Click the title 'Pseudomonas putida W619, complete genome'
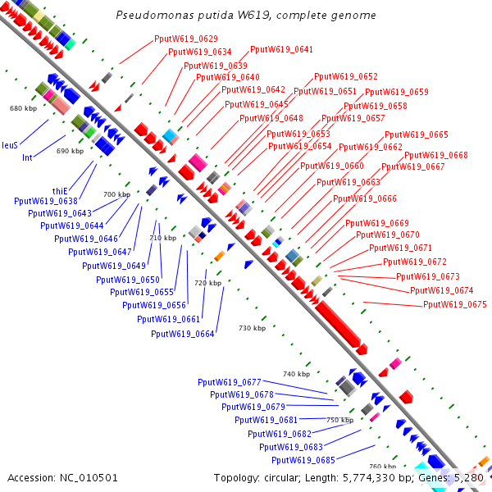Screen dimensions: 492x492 [x=246, y=16]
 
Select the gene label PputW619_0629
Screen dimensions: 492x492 [x=186, y=39]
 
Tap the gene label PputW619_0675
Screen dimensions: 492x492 [x=455, y=304]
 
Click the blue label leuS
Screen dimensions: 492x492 [x=10, y=144]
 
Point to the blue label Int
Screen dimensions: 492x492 [x=27, y=157]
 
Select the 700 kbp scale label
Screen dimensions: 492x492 [x=116, y=194]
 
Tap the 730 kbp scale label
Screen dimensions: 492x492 [x=252, y=328]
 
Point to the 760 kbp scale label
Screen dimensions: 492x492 [x=381, y=467]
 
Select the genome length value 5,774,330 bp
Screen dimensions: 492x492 [x=372, y=477]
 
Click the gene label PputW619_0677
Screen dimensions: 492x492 [x=229, y=382]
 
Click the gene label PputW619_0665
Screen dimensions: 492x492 [x=417, y=134]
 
